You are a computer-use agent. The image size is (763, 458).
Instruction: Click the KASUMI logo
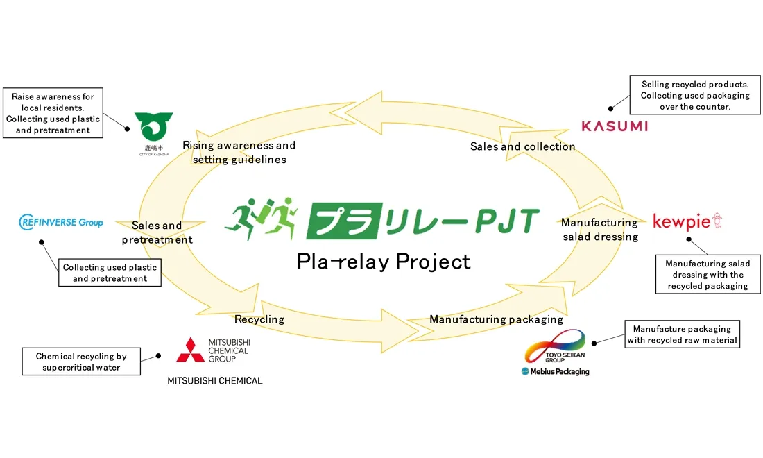click(x=615, y=126)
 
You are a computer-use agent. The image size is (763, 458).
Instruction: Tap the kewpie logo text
click(x=682, y=222)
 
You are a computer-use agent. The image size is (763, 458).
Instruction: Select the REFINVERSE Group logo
click(x=61, y=222)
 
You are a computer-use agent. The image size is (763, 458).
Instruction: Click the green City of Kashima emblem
click(x=154, y=126)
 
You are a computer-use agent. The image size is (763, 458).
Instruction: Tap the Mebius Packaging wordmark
click(x=555, y=371)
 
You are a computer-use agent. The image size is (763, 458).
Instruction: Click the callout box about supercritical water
click(x=81, y=362)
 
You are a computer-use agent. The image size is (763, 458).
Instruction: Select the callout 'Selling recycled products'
click(x=695, y=96)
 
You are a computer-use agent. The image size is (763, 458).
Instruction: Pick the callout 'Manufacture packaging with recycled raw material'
click(x=682, y=334)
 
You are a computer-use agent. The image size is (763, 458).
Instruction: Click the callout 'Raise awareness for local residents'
click(x=53, y=113)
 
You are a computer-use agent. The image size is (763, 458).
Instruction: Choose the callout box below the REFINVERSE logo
click(x=110, y=273)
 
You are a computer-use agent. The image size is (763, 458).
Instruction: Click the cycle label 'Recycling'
click(x=259, y=319)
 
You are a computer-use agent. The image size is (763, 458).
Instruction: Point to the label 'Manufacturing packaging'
click(x=496, y=319)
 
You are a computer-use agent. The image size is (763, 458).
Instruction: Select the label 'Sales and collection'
click(x=522, y=146)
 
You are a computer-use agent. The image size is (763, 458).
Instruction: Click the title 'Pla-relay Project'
click(x=384, y=262)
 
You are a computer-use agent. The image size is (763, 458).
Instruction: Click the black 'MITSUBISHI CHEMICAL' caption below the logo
click(x=215, y=380)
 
